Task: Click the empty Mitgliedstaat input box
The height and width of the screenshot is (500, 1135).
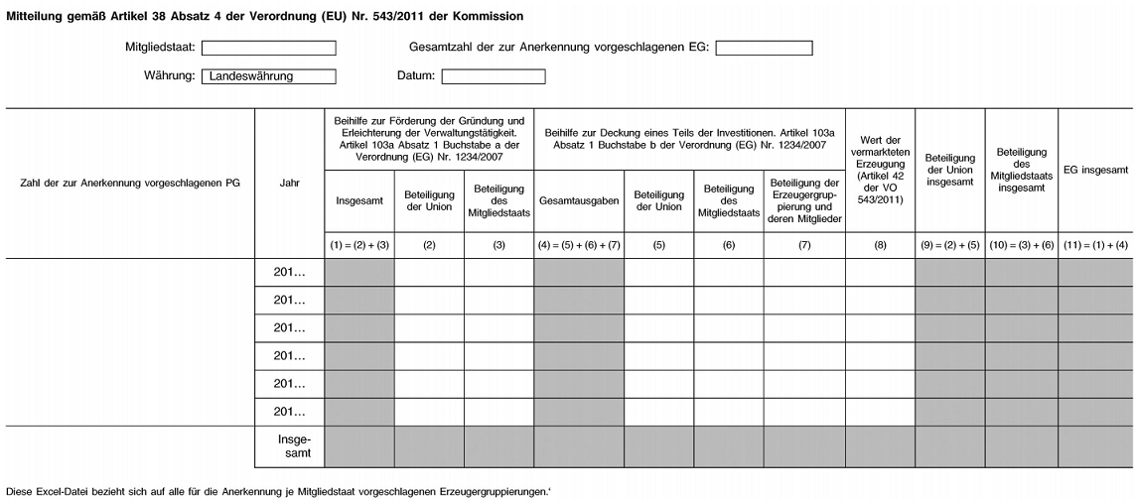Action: click(x=268, y=47)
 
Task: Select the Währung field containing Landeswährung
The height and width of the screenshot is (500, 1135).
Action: click(x=268, y=75)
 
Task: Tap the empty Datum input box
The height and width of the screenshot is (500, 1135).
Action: click(x=494, y=75)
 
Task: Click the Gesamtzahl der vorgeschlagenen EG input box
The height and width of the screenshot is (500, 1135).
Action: click(x=764, y=47)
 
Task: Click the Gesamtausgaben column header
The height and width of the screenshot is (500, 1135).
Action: click(x=579, y=200)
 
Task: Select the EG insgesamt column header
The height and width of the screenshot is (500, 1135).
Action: click(x=1095, y=171)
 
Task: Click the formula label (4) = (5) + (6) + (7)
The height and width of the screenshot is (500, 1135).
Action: click(x=579, y=244)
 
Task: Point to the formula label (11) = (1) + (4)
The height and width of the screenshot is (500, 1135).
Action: click(x=1095, y=244)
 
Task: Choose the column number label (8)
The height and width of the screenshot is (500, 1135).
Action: click(x=880, y=244)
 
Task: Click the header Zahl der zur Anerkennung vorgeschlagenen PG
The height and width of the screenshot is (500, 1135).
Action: click(x=131, y=183)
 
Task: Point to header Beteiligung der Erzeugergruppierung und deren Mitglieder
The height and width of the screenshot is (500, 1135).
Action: click(x=804, y=200)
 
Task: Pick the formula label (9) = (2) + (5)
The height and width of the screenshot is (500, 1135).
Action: click(x=949, y=244)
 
